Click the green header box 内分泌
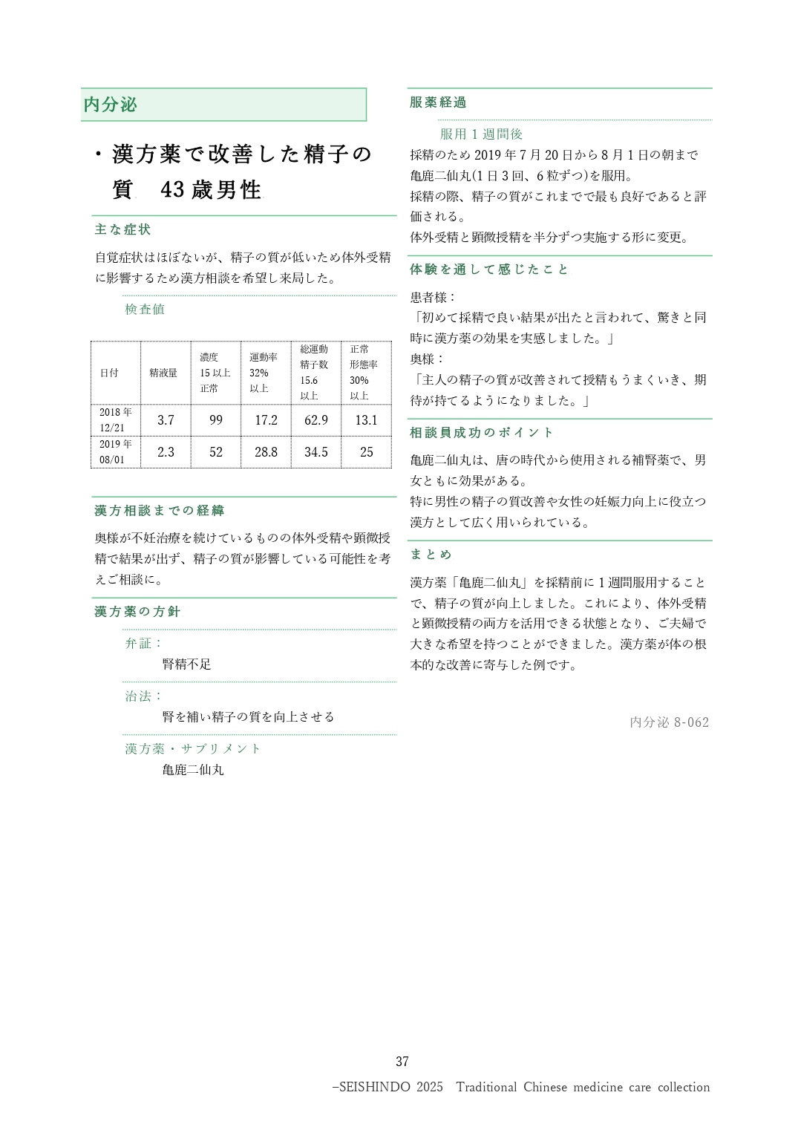click(x=223, y=105)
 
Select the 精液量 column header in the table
click(x=163, y=373)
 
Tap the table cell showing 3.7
click(x=166, y=420)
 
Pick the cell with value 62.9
click(x=315, y=420)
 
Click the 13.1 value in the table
click(x=366, y=420)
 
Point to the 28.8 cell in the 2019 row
click(x=266, y=452)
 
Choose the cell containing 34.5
click(x=315, y=452)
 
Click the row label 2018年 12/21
click(x=115, y=420)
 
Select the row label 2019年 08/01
click(x=115, y=452)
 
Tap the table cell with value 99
click(x=215, y=420)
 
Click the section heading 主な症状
click(x=122, y=230)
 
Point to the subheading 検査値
click(x=145, y=310)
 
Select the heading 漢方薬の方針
click(x=137, y=612)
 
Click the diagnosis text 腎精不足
click(x=186, y=664)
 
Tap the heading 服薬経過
click(x=438, y=102)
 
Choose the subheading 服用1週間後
click(x=481, y=134)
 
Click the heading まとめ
click(x=431, y=555)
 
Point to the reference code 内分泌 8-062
click(x=669, y=722)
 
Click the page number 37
click(x=402, y=1062)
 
